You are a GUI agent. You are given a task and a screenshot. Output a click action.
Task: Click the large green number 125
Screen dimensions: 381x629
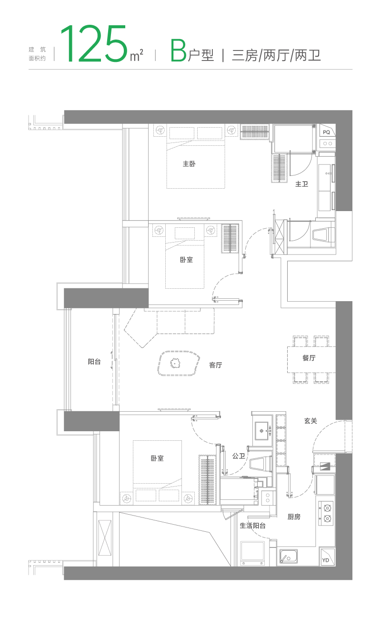[94, 43]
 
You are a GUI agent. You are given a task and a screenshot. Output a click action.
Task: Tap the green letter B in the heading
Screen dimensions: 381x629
[179, 51]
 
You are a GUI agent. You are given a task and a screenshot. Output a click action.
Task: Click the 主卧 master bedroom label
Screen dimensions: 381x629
[189, 164]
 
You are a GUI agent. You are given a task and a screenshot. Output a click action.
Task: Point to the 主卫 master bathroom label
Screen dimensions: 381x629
[301, 184]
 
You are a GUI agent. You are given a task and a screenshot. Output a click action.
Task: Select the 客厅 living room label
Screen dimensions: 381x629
[215, 365]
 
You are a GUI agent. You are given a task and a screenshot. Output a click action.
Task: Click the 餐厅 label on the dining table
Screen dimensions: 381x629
[309, 358]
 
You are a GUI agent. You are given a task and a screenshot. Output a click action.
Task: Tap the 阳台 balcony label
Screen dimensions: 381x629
[94, 362]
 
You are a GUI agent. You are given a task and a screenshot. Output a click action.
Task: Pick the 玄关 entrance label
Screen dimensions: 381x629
[311, 421]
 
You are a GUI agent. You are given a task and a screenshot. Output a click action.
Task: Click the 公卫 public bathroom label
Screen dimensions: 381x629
[239, 456]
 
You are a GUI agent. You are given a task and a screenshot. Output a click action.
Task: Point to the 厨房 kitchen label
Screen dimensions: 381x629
[294, 517]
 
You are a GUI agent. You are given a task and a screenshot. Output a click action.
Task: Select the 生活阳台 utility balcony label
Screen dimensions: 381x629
[252, 526]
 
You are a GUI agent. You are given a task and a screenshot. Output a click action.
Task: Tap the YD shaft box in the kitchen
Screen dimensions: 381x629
[327, 557]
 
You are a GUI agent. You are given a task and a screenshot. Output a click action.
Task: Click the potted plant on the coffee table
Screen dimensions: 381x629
[175, 364]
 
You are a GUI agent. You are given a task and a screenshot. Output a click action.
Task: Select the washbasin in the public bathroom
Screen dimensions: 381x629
[263, 431]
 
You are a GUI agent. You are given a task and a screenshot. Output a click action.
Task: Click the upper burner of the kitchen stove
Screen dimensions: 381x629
[327, 508]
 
